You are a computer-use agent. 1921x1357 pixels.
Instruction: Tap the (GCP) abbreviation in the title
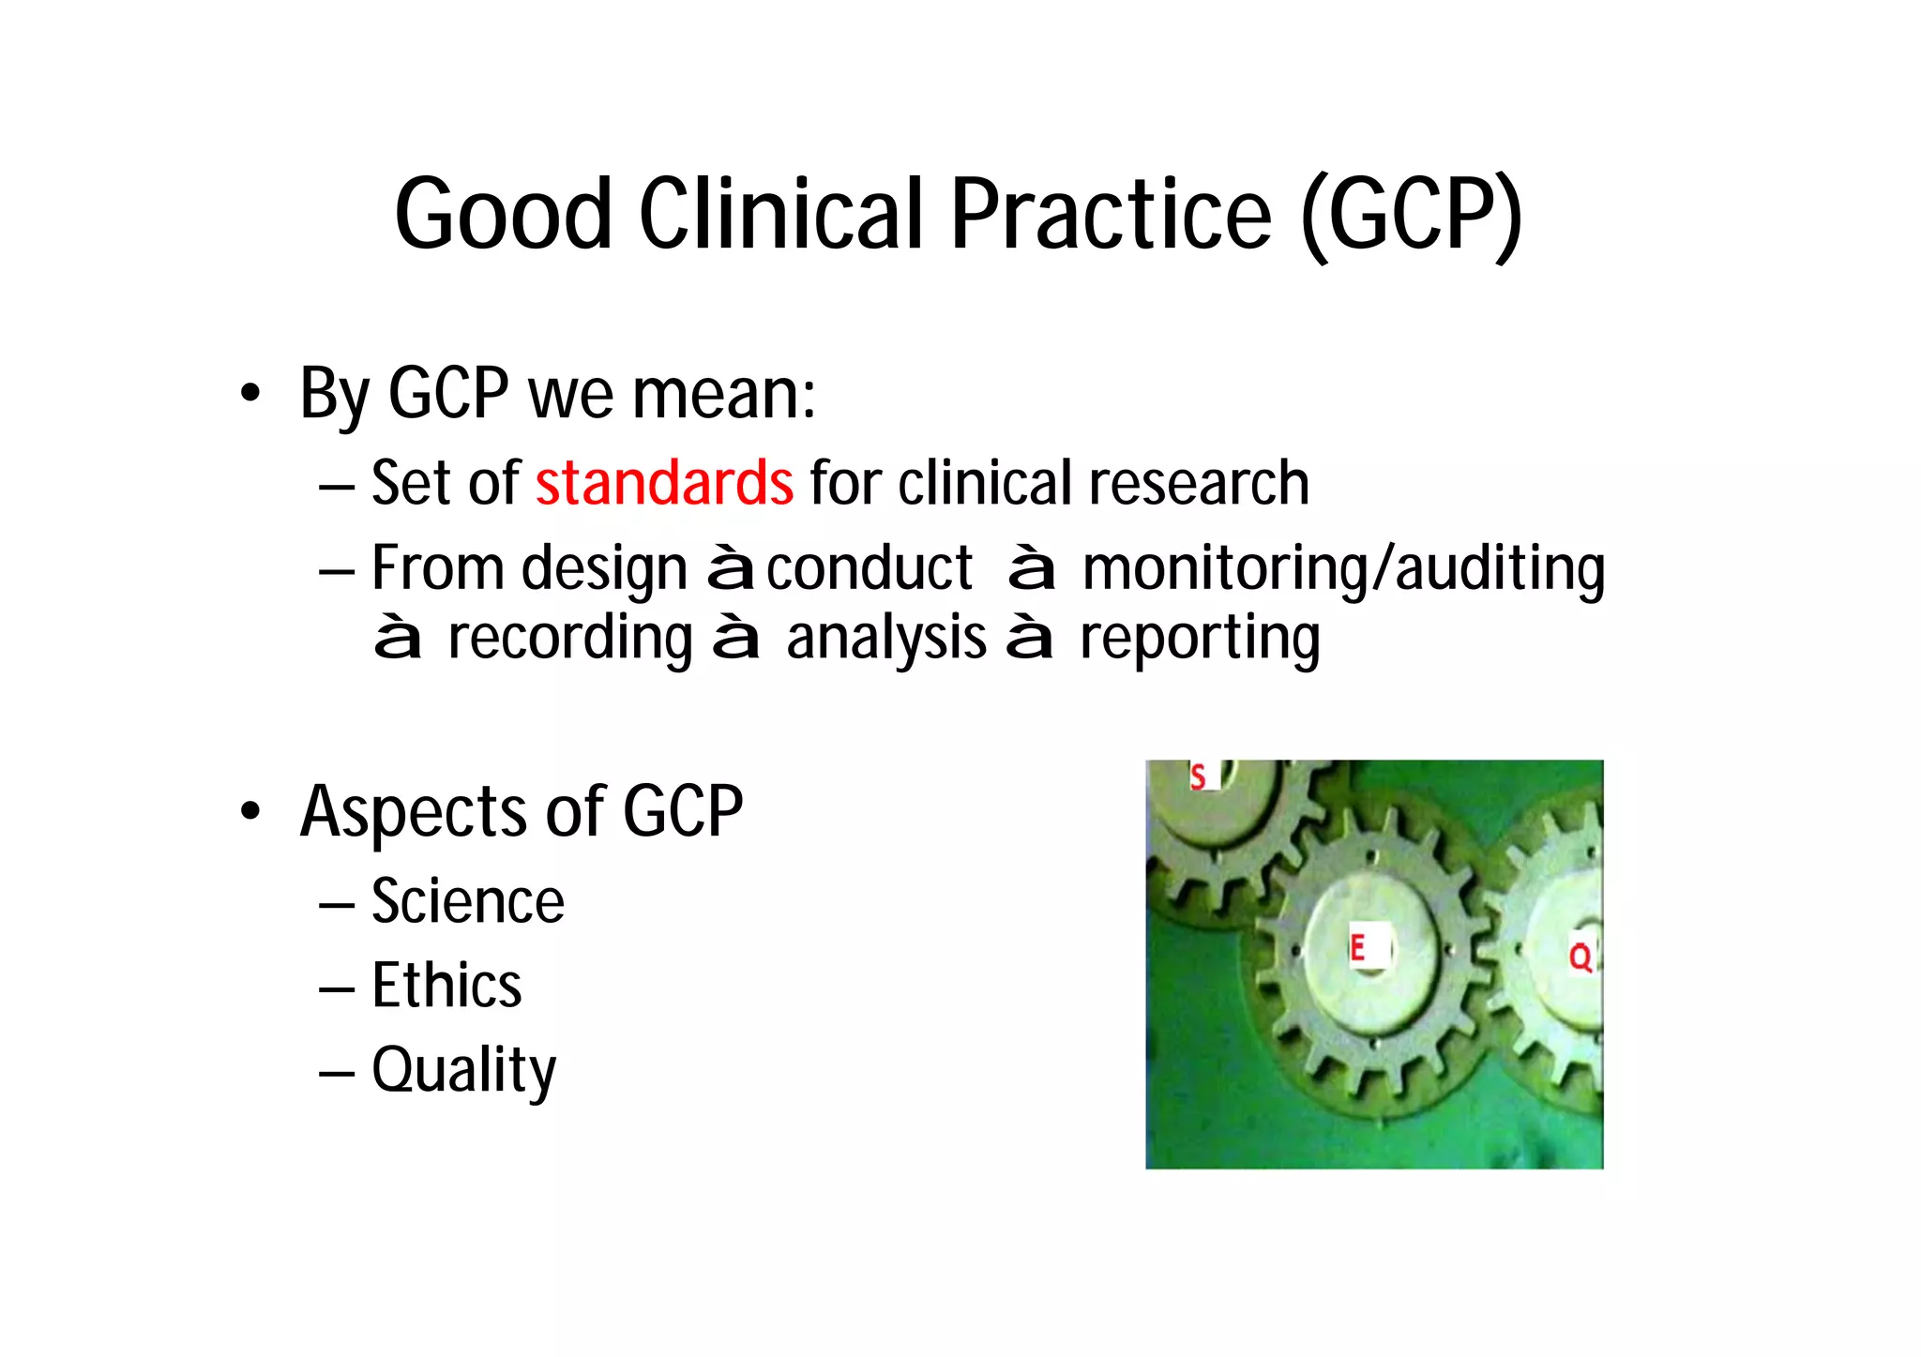(1411, 216)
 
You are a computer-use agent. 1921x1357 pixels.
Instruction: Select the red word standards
(664, 483)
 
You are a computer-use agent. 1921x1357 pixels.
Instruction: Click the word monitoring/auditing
(1343, 569)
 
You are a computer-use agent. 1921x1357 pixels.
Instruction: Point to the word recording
(570, 639)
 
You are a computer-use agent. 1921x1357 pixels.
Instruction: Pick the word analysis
(886, 639)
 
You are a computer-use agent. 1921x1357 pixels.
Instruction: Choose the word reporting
(1200, 639)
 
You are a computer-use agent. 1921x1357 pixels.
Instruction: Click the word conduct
(870, 568)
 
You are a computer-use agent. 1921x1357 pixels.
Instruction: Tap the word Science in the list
(468, 901)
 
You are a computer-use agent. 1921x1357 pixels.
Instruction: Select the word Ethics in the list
(446, 986)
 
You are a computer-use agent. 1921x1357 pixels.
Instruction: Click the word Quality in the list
(463, 1070)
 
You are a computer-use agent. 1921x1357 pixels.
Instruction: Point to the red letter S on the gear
(1198, 777)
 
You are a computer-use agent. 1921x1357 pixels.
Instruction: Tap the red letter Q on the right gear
(1581, 957)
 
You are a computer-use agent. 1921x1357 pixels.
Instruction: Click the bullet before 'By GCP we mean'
(249, 394)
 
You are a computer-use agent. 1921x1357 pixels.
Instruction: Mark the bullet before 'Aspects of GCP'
(249, 812)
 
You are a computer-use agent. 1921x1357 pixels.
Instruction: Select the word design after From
(604, 569)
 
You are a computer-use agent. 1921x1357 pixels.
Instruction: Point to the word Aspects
(412, 812)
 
